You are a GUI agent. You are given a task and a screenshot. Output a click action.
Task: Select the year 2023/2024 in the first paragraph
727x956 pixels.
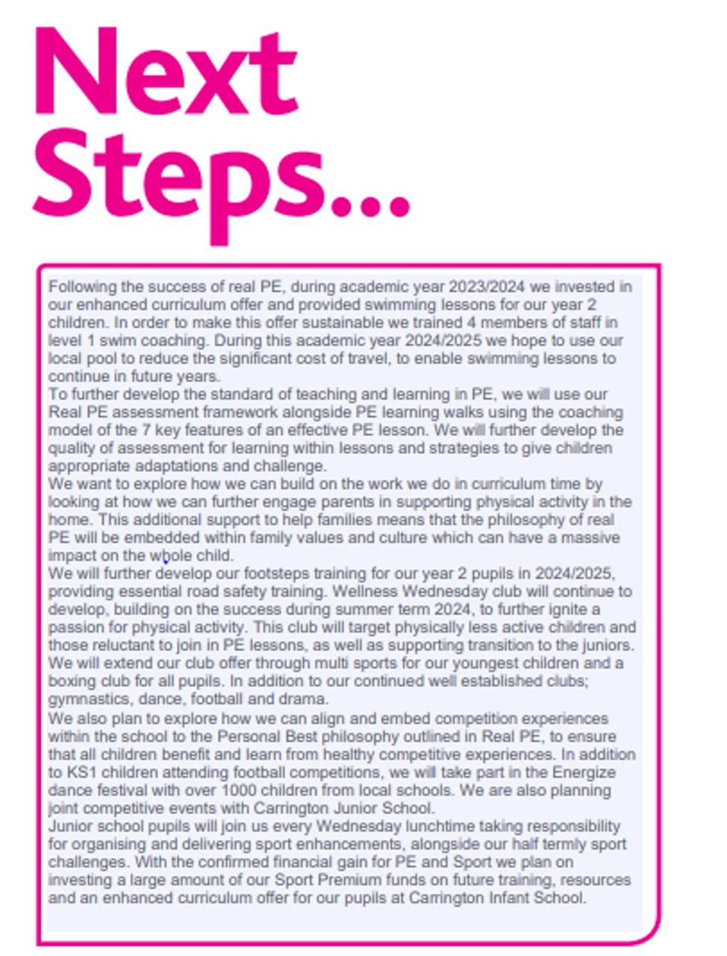coord(489,287)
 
